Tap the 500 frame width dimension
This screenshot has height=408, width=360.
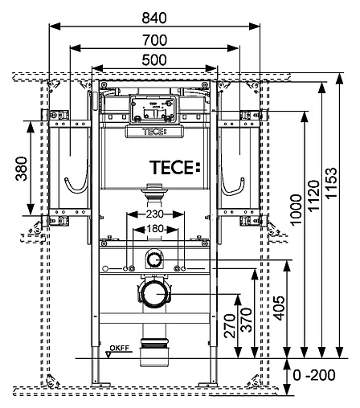point(155,60)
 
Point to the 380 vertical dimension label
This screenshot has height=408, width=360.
point(22,169)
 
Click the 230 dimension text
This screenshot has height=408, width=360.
point(155,215)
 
